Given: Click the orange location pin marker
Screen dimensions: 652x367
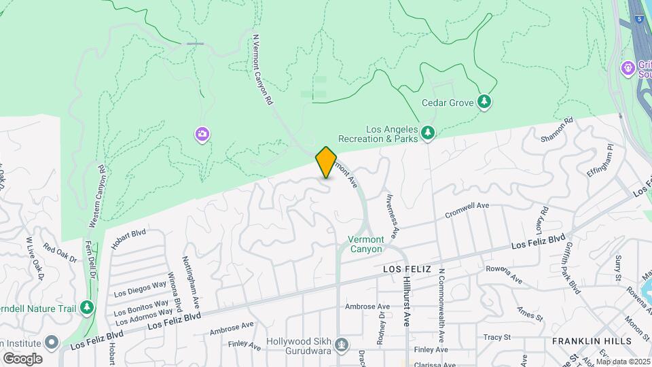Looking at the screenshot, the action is tap(326, 162).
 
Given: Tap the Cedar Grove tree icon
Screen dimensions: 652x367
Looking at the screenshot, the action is tap(484, 102).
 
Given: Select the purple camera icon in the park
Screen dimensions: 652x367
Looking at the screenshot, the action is tap(202, 134).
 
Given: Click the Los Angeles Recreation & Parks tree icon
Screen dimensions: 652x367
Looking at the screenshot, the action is tap(427, 133).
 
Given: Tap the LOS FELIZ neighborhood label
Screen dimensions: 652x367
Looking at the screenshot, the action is tap(407, 269).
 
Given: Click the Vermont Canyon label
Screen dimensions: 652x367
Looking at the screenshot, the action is tap(366, 244).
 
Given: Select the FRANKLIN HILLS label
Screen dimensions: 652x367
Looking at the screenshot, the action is tap(591, 340).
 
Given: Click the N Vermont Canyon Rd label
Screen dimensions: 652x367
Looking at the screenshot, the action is tap(262, 69).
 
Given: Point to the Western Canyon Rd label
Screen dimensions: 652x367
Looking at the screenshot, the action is tap(97, 196).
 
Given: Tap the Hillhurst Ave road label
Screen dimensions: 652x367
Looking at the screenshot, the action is tap(406, 301).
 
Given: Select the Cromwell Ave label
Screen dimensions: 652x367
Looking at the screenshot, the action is tap(467, 209).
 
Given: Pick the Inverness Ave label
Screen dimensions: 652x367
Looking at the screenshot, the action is tap(391, 211).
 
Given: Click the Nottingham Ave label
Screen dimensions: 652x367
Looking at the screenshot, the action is tap(190, 279).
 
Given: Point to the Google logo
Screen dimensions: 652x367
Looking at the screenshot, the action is tap(22, 358).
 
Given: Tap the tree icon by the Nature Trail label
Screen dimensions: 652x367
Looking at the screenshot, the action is tap(86, 307).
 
